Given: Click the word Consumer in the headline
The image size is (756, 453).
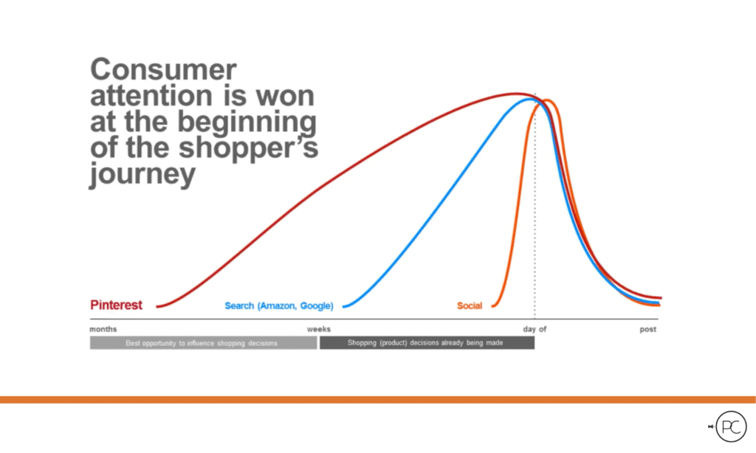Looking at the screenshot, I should click(163, 70).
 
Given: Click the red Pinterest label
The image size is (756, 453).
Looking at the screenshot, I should click(116, 305).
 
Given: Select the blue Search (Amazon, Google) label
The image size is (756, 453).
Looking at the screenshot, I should click(278, 305).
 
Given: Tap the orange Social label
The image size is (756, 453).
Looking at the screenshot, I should click(469, 305).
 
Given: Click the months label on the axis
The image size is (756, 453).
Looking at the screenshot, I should click(103, 329).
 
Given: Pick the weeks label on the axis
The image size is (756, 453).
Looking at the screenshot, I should click(319, 329).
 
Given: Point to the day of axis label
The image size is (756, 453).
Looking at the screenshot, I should click(535, 329).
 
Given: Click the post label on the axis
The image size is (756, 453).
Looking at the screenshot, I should click(647, 329).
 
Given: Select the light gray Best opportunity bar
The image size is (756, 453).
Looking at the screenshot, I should click(203, 343).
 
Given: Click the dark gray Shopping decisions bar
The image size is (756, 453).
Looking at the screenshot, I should click(427, 343).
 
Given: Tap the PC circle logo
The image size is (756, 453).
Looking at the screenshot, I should click(730, 426).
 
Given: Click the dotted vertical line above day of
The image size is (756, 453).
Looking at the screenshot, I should click(535, 221).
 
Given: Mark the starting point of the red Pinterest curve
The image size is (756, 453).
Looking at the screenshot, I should click(158, 305).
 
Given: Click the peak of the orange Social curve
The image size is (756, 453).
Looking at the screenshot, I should click(549, 100).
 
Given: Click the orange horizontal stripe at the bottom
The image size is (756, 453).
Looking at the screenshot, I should click(378, 399).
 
